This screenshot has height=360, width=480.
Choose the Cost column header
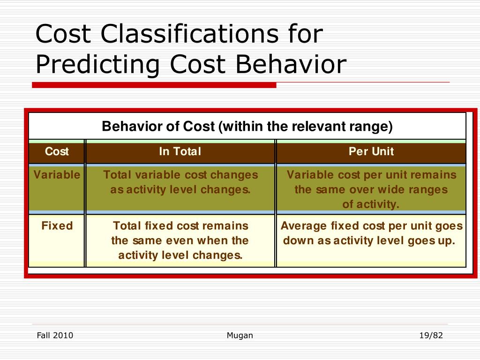56,152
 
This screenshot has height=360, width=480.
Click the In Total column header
180,152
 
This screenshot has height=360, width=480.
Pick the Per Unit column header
371,152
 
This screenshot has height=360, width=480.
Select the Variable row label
57,175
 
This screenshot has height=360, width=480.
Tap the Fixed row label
57,226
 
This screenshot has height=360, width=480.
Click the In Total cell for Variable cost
180,182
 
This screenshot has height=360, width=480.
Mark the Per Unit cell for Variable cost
371,189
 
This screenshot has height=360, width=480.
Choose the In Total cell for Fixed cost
180,240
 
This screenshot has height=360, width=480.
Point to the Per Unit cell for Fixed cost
371,233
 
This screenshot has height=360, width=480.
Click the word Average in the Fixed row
303,226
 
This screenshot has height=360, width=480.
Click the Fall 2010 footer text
55,335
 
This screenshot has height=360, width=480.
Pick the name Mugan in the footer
240,335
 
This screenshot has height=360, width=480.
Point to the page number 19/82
431,335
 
